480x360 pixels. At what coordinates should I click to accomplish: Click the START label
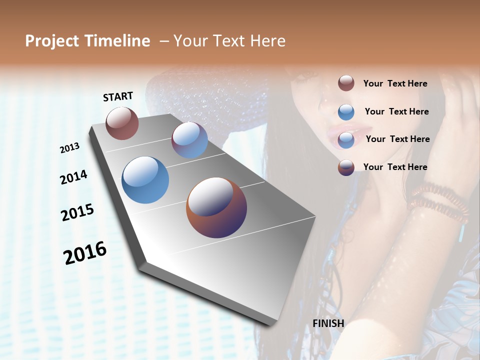pos(118,96)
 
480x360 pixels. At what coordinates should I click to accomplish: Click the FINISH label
pos(328,323)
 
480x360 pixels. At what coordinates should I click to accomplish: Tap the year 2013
pos(70,148)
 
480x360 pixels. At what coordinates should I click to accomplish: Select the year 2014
pos(73,177)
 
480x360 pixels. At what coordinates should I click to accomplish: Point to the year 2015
pos(77,212)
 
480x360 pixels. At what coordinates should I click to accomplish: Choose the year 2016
pos(85,252)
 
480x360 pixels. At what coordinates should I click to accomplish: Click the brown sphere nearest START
pos(122,123)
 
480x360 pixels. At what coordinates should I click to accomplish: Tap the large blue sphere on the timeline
pos(145,180)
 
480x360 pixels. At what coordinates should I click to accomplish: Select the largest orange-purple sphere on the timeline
pos(216,207)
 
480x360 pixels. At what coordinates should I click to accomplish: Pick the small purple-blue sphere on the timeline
pos(189,140)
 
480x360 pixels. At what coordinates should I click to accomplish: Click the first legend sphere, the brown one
pos(346,83)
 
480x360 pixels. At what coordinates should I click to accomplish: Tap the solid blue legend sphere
pos(346,112)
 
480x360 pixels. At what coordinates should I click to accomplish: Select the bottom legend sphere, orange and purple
pos(346,167)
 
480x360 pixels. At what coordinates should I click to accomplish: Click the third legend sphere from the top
pos(346,140)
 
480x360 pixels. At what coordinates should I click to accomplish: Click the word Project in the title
pos(52,41)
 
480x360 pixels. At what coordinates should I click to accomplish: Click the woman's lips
pos(341,131)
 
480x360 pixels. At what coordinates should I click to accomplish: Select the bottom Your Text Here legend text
pos(395,167)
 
